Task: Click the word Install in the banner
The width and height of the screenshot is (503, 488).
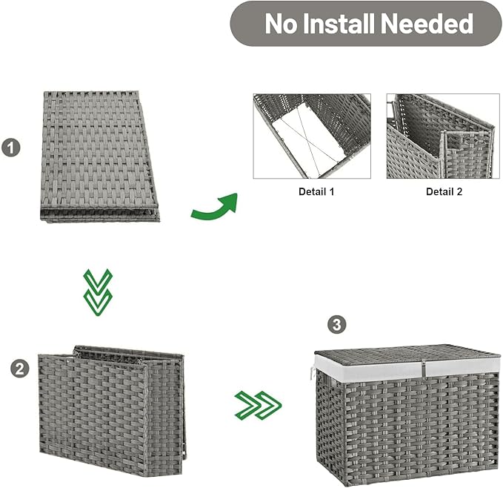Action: [338, 24]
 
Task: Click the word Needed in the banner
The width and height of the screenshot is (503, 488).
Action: [427, 24]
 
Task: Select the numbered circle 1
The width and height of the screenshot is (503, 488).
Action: [11, 148]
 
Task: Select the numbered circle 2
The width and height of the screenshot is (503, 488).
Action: [20, 369]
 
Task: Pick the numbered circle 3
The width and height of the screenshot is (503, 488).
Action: [337, 325]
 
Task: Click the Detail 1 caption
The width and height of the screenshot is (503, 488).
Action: [316, 191]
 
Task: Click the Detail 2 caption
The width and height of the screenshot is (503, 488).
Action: [444, 191]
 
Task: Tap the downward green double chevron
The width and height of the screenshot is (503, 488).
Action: [98, 292]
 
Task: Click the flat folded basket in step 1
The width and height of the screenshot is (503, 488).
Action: [100, 156]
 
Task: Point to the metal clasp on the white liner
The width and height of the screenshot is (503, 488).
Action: [424, 368]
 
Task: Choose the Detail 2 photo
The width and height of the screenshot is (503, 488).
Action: [443, 136]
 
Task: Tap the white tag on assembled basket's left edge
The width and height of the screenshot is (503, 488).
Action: [313, 375]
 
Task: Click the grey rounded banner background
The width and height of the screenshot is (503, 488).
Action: [366, 24]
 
